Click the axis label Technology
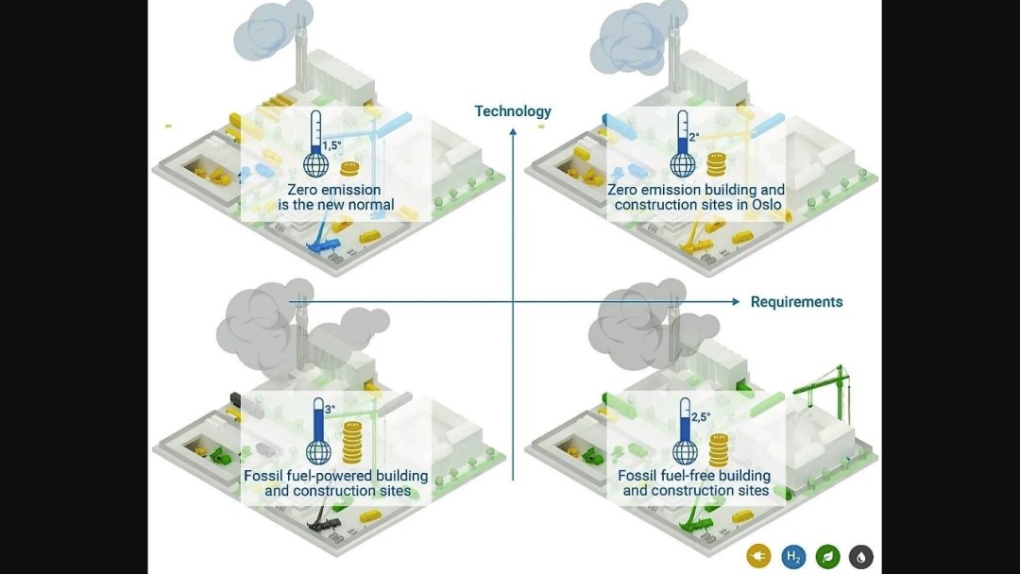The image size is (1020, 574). click(513, 111)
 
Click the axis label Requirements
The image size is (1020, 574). click(796, 302)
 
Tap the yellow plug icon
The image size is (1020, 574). click(758, 557)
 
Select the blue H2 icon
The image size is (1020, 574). click(793, 557)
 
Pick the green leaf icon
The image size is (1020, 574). click(827, 557)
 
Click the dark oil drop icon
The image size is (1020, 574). click(860, 557)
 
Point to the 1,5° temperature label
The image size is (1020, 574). click(331, 146)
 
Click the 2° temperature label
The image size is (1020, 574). click(693, 137)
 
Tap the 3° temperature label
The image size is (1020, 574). click(330, 410)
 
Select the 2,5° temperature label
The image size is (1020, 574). click(700, 416)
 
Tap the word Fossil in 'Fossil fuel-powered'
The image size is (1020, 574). click(263, 476)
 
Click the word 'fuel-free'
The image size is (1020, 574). click(692, 476)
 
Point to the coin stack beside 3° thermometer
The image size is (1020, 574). click(351, 440)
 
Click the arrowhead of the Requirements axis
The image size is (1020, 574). click(736, 302)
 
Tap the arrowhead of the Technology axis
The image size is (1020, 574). click(513, 130)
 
